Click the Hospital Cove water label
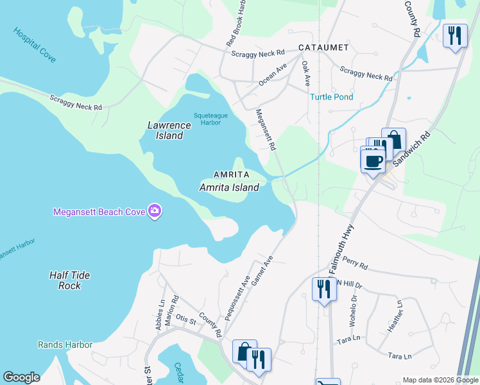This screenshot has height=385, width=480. (x=34, y=44)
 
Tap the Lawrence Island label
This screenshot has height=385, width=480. (x=166, y=130)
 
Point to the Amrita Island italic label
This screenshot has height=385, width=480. (x=229, y=187)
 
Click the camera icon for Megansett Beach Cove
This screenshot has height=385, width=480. (x=154, y=211)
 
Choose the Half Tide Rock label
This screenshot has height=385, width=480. (x=70, y=280)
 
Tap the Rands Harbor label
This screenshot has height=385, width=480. (x=65, y=345)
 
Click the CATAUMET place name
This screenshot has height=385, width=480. (x=323, y=47)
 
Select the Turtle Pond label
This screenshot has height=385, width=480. (x=331, y=98)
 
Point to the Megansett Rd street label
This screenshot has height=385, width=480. (x=265, y=129)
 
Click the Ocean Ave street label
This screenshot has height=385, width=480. (x=272, y=74)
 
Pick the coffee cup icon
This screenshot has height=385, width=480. (x=372, y=160)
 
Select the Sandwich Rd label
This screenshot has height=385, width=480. (x=406, y=150)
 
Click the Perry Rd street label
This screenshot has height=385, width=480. (x=355, y=264)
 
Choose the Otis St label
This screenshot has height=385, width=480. (x=185, y=322)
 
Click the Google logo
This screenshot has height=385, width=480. (x=21, y=377)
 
